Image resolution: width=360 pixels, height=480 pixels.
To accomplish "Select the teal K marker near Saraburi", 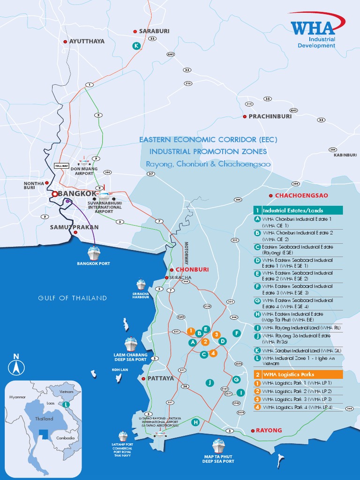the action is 136,45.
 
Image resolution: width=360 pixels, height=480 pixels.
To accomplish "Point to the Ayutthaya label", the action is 87,41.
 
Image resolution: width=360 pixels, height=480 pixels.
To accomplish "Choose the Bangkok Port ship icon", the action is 94,254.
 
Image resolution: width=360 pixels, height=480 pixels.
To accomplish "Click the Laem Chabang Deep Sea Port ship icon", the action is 131,344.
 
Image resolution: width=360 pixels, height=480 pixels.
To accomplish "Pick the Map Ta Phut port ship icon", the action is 218,445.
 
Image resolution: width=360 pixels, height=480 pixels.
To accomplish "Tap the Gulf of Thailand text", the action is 73,298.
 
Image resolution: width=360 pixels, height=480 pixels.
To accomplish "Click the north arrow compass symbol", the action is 17,364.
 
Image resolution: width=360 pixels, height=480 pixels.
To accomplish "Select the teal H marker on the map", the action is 195,422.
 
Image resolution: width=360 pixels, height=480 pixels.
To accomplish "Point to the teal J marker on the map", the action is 210,382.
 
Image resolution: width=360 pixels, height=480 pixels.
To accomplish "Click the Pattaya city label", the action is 161,378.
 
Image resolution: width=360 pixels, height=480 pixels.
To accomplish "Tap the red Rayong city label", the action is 269,430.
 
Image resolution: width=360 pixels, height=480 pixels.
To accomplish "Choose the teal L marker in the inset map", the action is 66,404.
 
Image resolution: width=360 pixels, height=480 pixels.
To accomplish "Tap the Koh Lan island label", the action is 120,369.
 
